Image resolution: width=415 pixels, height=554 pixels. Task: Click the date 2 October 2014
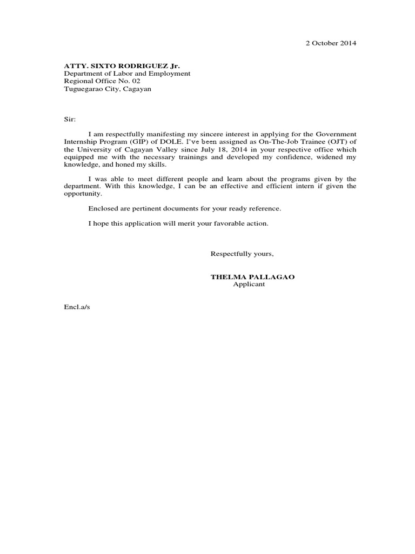point(330,43)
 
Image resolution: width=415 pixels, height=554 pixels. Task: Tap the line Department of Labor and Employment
point(127,74)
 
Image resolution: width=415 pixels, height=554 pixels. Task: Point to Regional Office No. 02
point(102,81)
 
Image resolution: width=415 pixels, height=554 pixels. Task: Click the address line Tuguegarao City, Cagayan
point(108,89)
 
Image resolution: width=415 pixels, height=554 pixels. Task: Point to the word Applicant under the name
point(249,284)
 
